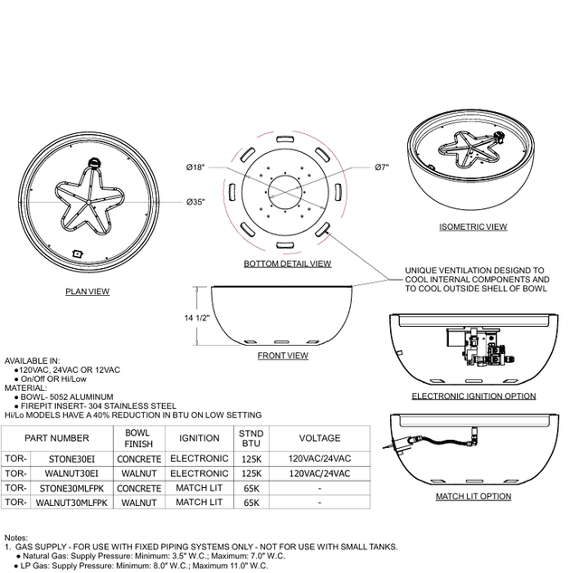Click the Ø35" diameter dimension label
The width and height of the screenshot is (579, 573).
(x=195, y=202)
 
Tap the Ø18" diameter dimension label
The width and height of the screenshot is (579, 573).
(x=195, y=167)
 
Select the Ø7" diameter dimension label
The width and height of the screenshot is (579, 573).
(x=382, y=167)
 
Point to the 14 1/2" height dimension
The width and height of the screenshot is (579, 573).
(x=197, y=318)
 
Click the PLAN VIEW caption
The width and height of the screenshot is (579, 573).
(x=88, y=291)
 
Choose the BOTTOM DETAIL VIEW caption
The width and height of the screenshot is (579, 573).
(x=288, y=263)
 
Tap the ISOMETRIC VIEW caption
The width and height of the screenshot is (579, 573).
(x=473, y=227)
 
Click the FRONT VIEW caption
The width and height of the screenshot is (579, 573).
(x=283, y=356)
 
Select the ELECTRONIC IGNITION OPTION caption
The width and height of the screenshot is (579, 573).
(x=474, y=396)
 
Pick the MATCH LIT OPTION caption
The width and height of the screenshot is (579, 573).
(x=473, y=496)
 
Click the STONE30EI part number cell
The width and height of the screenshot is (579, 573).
(x=71, y=459)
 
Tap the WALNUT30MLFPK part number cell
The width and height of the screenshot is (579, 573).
(x=71, y=502)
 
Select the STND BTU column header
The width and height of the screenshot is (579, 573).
(x=252, y=438)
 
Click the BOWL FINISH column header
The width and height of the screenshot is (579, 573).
(x=138, y=438)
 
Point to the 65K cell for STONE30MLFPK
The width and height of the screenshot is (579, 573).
(x=252, y=489)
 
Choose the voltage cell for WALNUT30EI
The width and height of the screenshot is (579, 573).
(x=319, y=473)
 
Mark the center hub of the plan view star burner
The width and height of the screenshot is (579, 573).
(x=89, y=202)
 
